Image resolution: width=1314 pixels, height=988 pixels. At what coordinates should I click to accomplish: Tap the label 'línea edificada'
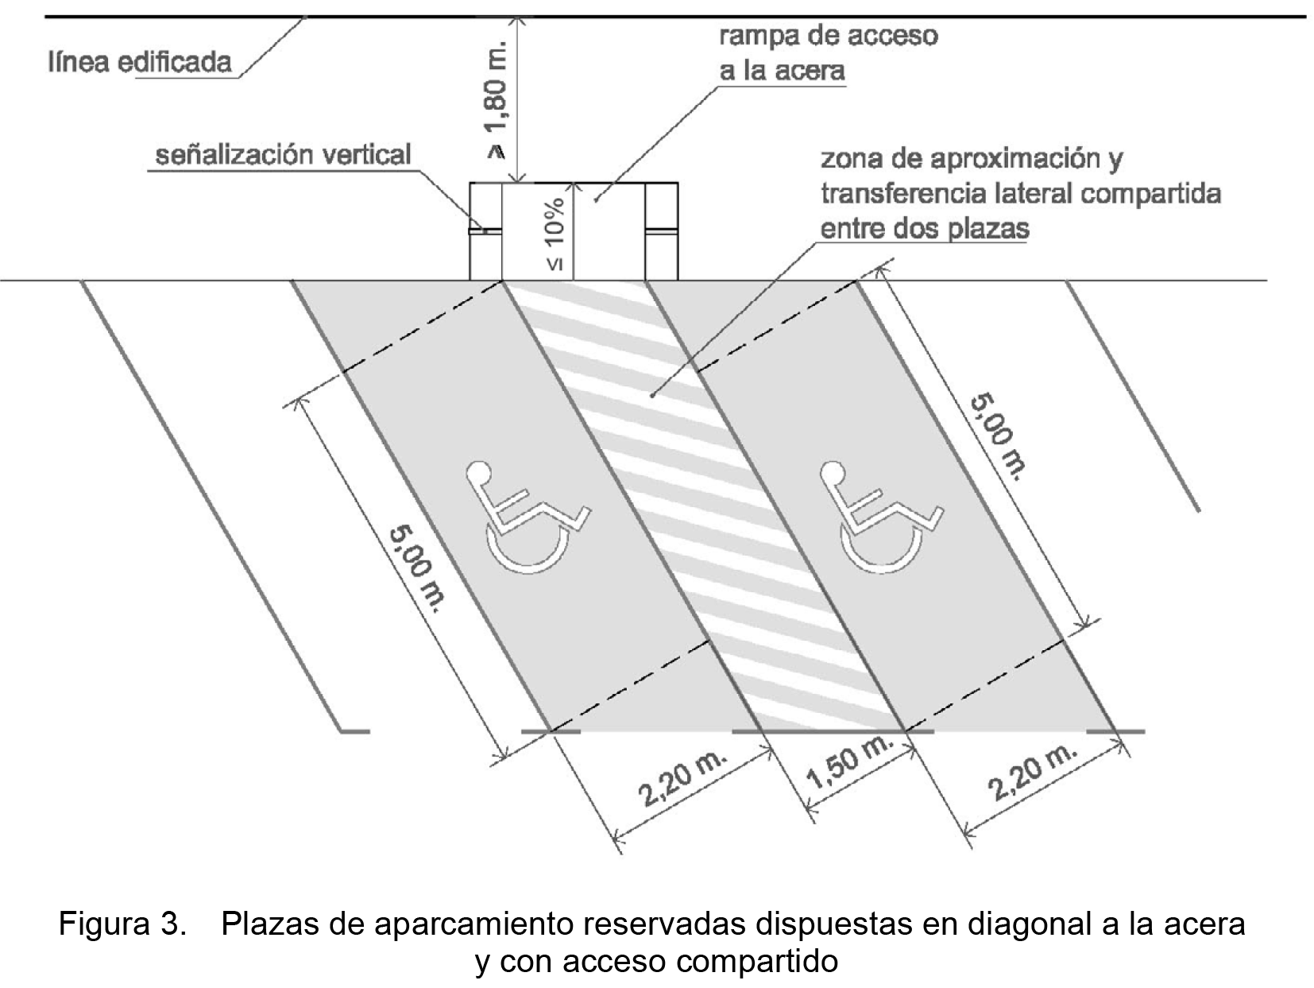(x=140, y=62)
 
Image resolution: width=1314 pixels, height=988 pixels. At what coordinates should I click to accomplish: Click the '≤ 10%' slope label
(x=555, y=234)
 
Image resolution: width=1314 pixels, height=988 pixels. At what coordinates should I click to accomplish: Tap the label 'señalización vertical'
(x=283, y=154)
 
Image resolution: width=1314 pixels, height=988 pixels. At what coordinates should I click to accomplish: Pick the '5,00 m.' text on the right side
(x=998, y=436)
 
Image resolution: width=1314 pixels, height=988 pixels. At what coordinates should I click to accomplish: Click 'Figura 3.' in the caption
(x=122, y=924)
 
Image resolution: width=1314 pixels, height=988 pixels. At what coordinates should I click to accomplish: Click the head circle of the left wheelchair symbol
(x=479, y=473)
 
